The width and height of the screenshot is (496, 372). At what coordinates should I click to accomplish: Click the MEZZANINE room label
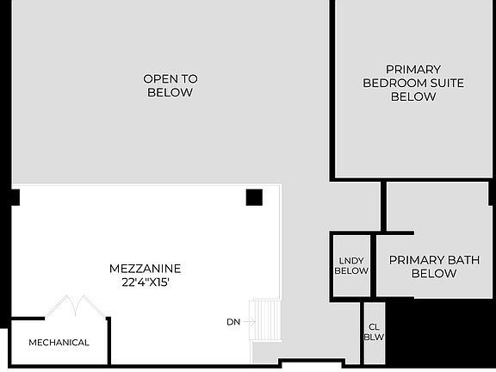coord(145,268)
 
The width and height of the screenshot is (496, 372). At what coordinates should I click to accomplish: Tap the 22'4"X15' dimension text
coord(145,281)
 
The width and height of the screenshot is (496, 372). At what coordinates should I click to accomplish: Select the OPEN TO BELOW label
coord(170,85)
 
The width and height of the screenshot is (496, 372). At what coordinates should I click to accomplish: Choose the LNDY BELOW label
coord(351,265)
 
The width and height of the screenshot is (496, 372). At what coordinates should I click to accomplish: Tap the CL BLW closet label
coord(374,332)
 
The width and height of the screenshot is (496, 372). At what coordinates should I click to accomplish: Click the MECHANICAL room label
coord(59,343)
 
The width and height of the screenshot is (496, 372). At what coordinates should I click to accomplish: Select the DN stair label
coord(233,322)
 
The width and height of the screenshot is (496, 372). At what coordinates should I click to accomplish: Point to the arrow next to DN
coord(249,322)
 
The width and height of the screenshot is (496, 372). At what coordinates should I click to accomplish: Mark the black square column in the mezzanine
coord(253,197)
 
